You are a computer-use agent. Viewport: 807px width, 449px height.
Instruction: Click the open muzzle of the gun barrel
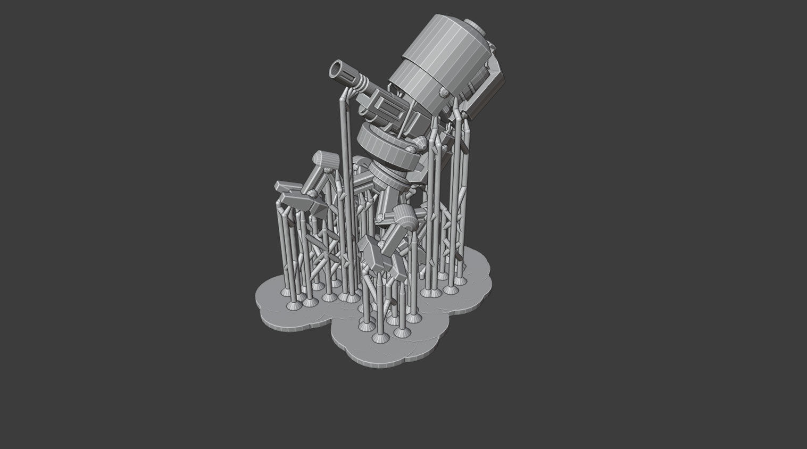tap(337, 70)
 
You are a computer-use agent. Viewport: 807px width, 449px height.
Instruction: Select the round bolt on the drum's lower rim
tap(443, 94)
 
